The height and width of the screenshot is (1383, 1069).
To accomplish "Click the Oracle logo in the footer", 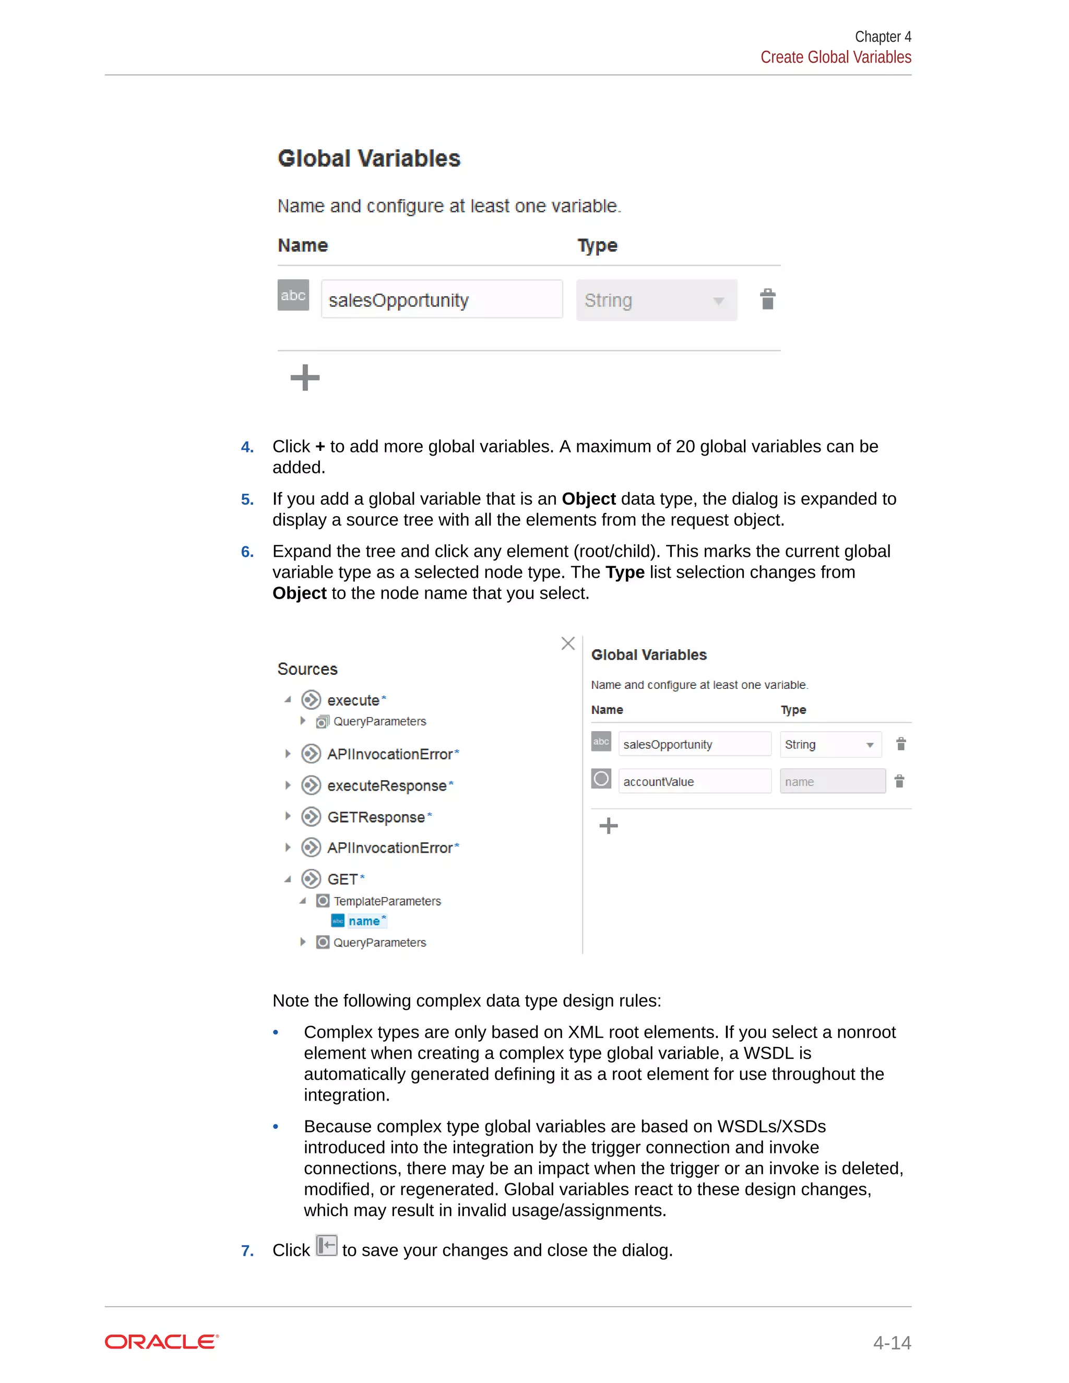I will (161, 1342).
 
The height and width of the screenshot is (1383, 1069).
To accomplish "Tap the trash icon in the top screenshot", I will (767, 299).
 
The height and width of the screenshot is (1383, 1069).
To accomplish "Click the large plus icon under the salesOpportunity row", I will (305, 377).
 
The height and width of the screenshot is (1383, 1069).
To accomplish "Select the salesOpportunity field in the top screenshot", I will (442, 300).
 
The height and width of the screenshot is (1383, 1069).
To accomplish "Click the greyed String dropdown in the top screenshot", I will (656, 300).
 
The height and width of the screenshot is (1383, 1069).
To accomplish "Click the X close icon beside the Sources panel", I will (568, 643).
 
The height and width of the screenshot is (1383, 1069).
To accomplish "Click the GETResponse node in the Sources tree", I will (375, 817).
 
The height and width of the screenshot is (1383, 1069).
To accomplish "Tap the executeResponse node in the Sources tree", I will (386, 786).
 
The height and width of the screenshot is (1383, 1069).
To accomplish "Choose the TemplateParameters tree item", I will (387, 901).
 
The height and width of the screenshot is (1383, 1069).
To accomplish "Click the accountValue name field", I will (694, 781).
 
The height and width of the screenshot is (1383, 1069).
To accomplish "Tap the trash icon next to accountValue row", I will (899, 781).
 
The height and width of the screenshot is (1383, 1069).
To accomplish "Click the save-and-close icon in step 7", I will (326, 1246).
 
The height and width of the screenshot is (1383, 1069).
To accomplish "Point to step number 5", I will (247, 499).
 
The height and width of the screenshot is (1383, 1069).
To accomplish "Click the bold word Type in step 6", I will (624, 573).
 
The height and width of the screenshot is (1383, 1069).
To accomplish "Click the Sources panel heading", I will (307, 670).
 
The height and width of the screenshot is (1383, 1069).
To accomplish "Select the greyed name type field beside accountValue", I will (832, 781).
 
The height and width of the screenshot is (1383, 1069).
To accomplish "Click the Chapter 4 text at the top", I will (882, 37).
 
